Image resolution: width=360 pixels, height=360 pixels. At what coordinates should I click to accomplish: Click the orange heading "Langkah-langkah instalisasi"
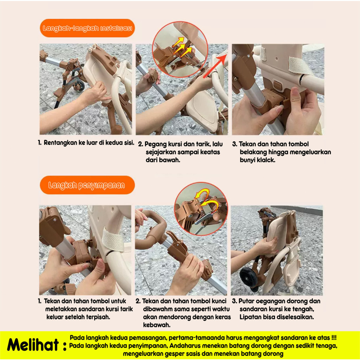(x=87, y=28)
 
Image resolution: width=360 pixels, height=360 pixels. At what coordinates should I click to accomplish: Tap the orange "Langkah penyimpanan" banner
(x=87, y=185)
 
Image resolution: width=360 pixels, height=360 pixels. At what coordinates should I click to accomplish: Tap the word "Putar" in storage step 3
(x=246, y=301)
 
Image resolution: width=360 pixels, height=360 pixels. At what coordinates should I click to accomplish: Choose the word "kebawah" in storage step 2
(x=156, y=325)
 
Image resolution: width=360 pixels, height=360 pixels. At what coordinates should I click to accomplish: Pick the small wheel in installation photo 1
(x=79, y=85)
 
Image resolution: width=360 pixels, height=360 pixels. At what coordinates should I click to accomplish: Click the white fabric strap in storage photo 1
(x=113, y=240)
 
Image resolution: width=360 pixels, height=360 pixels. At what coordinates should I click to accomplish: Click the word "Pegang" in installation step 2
(x=156, y=144)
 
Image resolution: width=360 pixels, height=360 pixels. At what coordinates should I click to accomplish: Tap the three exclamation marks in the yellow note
(x=334, y=338)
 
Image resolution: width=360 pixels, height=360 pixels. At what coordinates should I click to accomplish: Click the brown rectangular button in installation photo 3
(x=277, y=85)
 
